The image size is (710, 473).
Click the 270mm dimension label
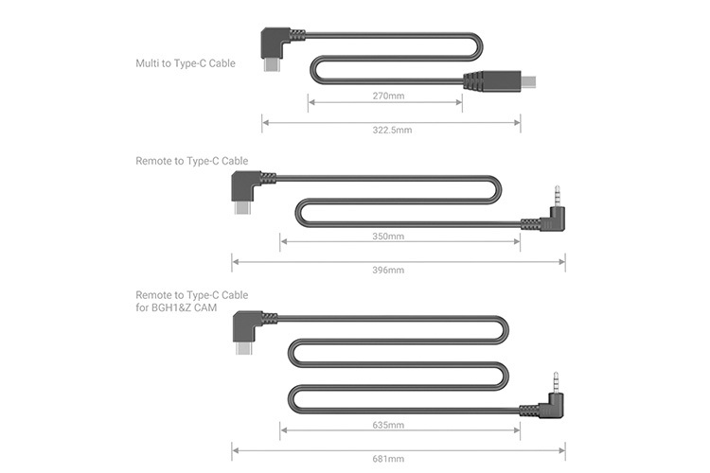[385, 96]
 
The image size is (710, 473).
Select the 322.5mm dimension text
[391, 130]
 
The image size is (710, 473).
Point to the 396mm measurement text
[389, 270]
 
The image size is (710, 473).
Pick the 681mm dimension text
[389, 459]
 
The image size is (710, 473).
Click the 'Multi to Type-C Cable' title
[185, 63]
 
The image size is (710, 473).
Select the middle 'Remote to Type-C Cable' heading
[192, 161]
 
